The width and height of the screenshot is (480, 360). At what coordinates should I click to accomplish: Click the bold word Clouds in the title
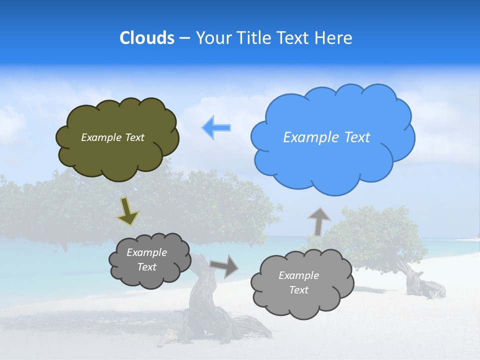point(147,38)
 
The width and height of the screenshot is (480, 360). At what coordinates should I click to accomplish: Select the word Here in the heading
point(334,38)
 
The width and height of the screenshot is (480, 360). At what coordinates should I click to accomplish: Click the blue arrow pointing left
point(216,127)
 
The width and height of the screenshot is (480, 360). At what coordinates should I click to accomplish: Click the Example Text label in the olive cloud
point(112,137)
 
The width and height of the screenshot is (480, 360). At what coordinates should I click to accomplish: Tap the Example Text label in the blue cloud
point(326,137)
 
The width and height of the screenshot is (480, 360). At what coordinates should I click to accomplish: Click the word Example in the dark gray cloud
point(146,252)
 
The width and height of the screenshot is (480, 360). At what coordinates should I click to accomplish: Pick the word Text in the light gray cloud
point(298,290)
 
